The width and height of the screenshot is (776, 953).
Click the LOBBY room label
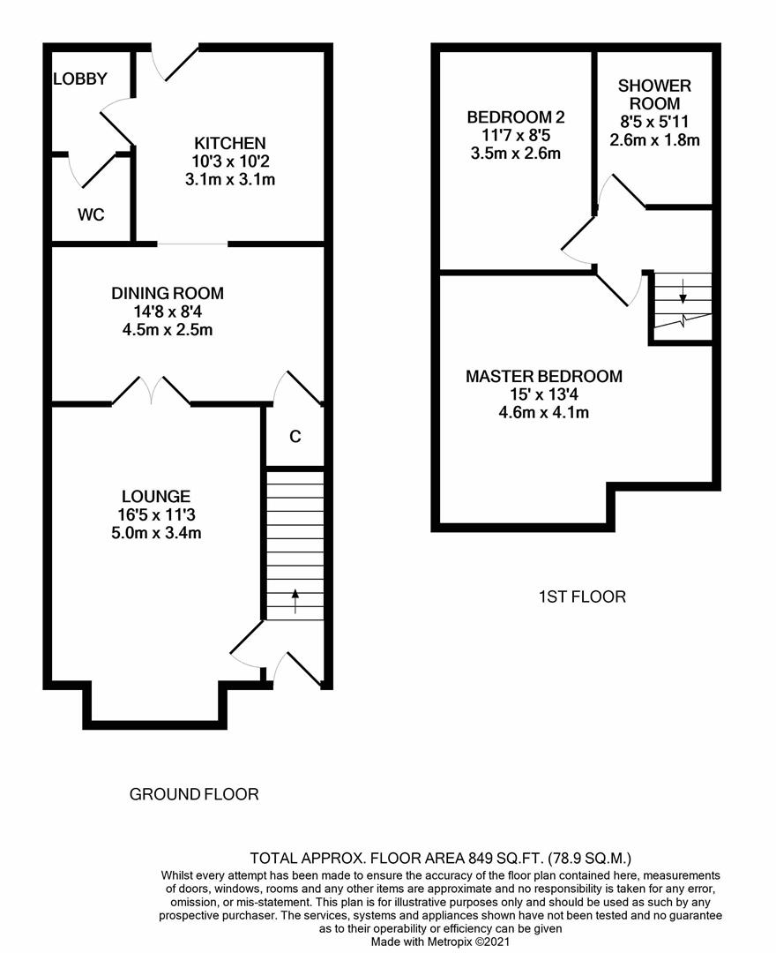tap(80, 79)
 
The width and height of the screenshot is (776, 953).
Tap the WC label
tap(91, 214)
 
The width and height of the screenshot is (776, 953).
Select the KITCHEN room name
tap(230, 143)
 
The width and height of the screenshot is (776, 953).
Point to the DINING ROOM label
tap(168, 293)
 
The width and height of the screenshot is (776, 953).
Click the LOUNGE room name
tap(157, 497)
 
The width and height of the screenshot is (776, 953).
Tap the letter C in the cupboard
tap(295, 436)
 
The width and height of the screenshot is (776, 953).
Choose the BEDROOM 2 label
tap(516, 117)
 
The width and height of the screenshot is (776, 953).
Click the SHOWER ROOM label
tap(654, 94)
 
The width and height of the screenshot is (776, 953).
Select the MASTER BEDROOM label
tap(544, 376)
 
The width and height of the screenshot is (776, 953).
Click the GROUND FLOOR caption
tap(194, 794)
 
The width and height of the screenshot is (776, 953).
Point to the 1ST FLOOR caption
tap(582, 597)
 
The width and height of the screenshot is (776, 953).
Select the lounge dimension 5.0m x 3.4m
tap(157, 533)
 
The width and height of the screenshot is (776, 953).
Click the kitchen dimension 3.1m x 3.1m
tap(230, 179)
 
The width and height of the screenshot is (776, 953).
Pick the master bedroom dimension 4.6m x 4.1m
tap(544, 412)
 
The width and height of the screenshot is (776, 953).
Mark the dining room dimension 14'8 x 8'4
tap(168, 311)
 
